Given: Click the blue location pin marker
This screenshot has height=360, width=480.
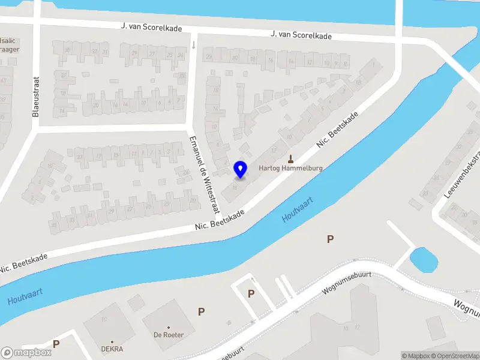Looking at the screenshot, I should pos(241,169).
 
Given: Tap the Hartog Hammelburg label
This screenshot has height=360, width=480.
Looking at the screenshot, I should pos(291,169).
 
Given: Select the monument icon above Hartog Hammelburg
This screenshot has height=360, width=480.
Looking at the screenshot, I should pos(291,159).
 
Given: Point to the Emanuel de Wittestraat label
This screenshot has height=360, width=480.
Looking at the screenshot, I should pos(203,173).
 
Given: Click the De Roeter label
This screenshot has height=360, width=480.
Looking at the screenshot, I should pos(168,335).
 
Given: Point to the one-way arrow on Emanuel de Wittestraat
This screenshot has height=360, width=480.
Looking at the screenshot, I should pos(193,44).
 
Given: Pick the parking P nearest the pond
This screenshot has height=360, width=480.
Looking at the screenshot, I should pos(329,239).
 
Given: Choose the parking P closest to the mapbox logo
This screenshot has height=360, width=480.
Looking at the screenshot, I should pos(56,344).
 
